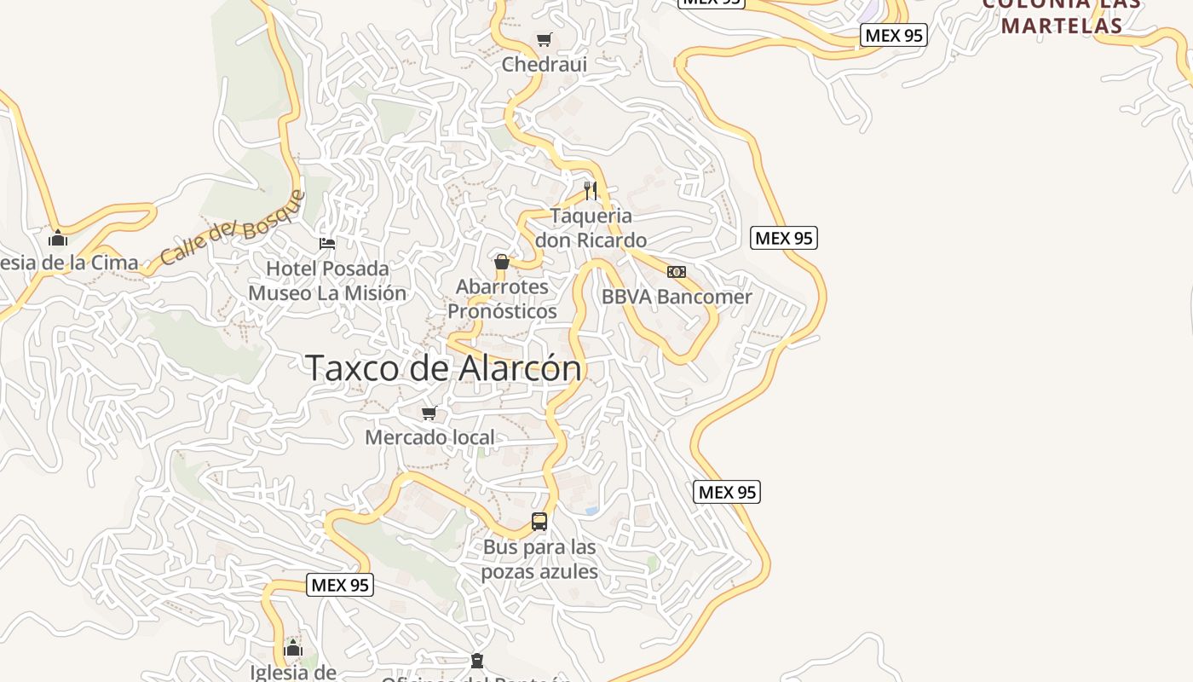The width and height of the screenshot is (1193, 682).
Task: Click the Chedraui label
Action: click(544, 64)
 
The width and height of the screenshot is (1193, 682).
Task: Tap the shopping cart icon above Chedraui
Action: click(544, 39)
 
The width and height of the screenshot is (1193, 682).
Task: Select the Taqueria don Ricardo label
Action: click(591, 228)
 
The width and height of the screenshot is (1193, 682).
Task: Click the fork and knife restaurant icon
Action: click(590, 189)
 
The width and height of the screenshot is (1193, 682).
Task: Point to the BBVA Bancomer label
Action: click(677, 297)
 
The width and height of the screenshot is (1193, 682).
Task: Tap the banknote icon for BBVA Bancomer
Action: click(677, 272)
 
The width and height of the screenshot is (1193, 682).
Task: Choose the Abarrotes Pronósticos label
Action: click(502, 298)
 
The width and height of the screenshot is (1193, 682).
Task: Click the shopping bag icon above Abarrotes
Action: click(502, 262)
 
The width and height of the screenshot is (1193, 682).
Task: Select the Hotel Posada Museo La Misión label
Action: click(327, 280)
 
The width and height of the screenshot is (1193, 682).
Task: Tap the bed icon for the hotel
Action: click(327, 244)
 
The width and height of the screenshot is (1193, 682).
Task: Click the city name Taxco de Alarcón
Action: click(443, 368)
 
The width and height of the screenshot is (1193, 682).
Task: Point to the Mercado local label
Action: click(429, 437)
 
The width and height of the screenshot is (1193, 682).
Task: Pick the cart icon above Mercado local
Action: click(429, 413)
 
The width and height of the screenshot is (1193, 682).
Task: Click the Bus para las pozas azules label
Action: click(539, 558)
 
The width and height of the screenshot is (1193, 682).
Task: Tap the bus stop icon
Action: click(539, 521)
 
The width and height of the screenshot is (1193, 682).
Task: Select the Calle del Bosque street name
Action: click(232, 228)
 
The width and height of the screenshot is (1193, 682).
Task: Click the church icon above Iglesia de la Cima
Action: click(58, 238)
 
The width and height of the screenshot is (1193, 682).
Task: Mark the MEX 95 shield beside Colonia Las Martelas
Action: click(893, 35)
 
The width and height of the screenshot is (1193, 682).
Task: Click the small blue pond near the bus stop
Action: click(591, 511)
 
